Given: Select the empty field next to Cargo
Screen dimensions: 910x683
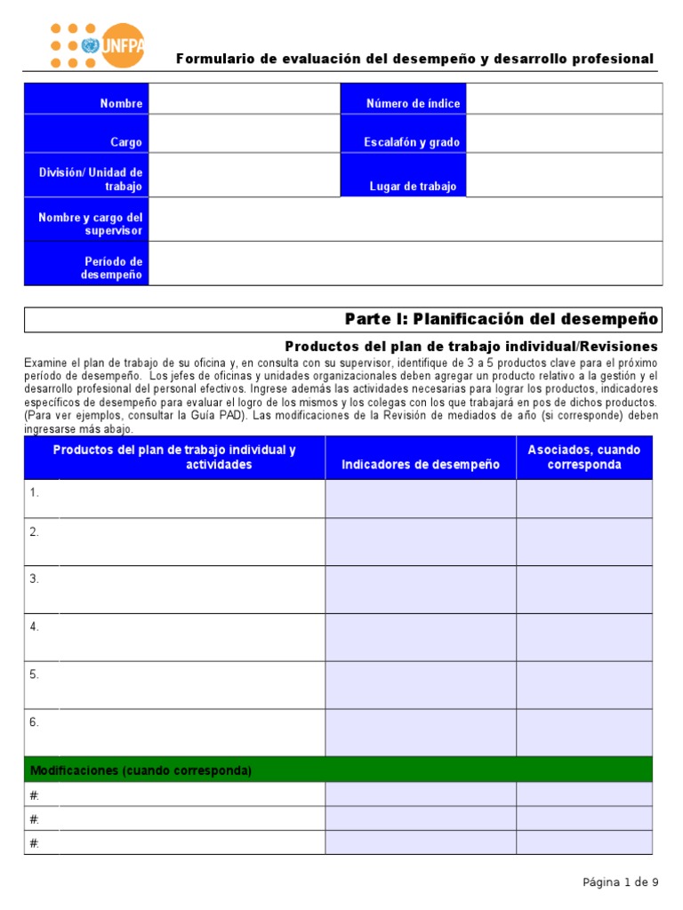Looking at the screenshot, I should pos(245,134).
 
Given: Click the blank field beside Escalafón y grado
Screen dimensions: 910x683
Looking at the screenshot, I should pos(564,134).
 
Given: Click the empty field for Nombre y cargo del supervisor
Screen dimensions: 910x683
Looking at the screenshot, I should pos(405,220).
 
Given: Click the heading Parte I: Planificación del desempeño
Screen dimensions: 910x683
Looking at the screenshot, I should pos(501,319).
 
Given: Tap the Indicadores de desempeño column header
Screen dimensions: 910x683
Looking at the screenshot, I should pos(421,464).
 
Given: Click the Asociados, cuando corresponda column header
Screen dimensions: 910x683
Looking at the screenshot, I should pos(583,458).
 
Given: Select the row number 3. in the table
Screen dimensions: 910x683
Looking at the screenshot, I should pos(35,579).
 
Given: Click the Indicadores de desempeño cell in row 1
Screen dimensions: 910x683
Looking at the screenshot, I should pos(421,499).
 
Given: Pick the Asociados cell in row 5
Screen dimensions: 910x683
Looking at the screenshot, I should pos(583,684).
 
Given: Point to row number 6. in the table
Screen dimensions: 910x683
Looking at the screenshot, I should pos(35,722).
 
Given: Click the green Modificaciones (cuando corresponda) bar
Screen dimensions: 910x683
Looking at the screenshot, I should pos(338,770).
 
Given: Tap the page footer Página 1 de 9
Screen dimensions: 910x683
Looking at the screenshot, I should pos(620,882).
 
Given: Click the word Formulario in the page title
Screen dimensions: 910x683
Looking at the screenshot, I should pos(210,60).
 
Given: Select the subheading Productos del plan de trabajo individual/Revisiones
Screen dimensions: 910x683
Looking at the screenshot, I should pos(470,346).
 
